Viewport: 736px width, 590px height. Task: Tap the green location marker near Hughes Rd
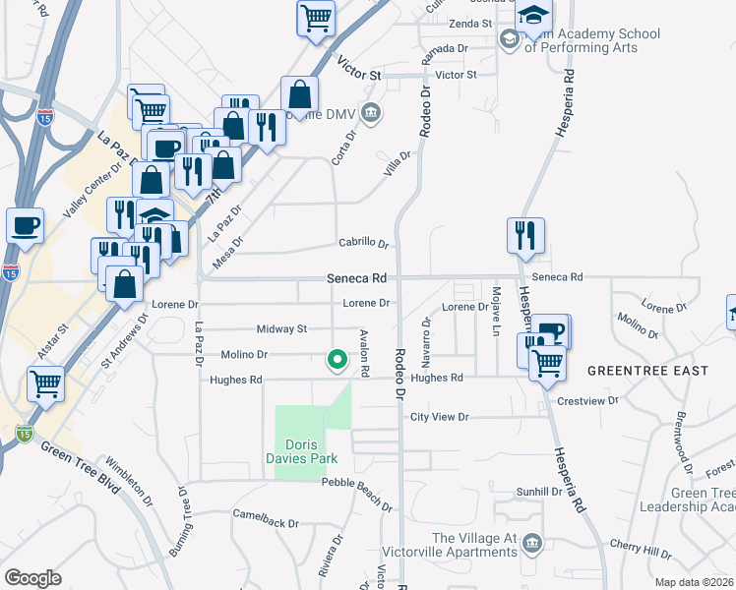click(337, 361)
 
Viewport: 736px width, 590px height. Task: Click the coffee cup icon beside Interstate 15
click(26, 225)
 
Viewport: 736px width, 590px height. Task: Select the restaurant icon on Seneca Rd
click(525, 236)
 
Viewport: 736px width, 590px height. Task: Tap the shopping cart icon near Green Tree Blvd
click(45, 383)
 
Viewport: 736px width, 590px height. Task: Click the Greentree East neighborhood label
click(647, 371)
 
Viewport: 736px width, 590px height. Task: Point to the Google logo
click(33, 578)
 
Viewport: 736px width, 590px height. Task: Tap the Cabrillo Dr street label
click(363, 244)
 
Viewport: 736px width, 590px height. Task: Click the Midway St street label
click(281, 328)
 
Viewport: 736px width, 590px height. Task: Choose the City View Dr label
click(440, 417)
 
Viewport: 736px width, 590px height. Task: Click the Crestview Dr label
click(587, 401)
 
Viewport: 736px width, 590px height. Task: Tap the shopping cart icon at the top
click(316, 17)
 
